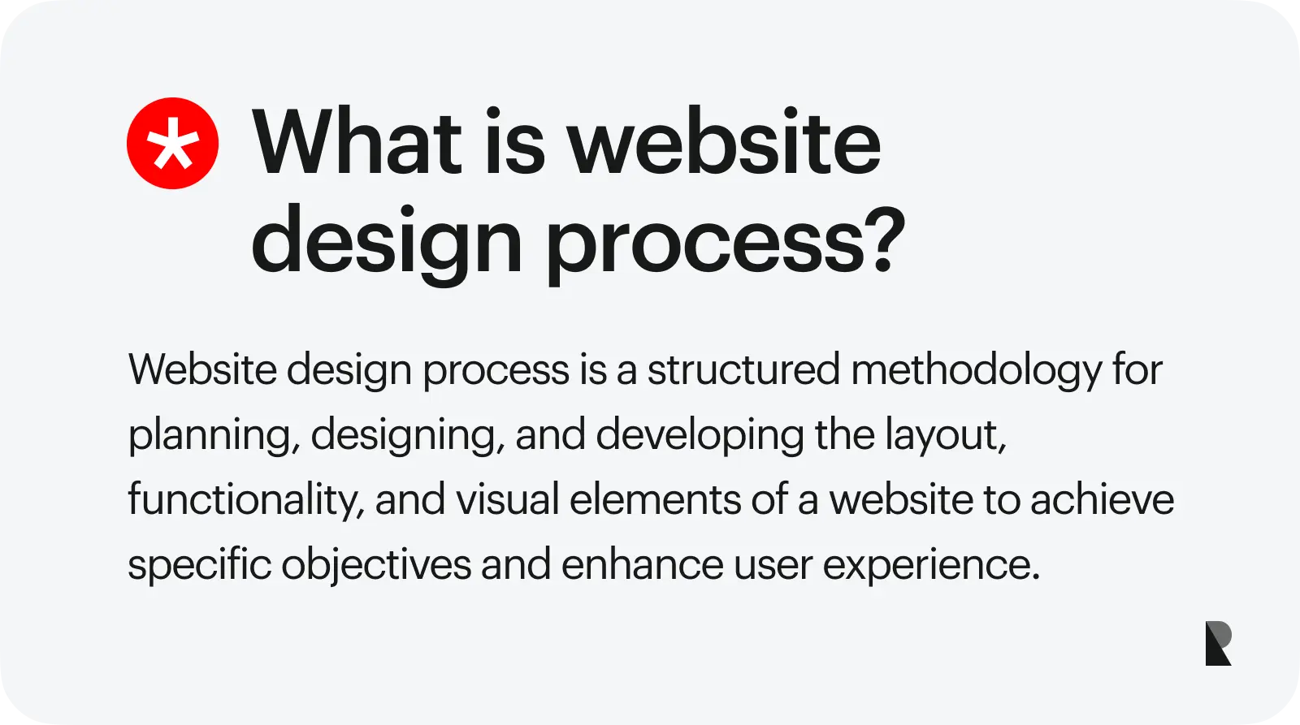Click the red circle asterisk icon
172,143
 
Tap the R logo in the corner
1219,643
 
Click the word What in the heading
357,141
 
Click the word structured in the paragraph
743,369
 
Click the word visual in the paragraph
507,499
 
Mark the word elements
655,499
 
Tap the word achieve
1102,499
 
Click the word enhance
643,563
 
